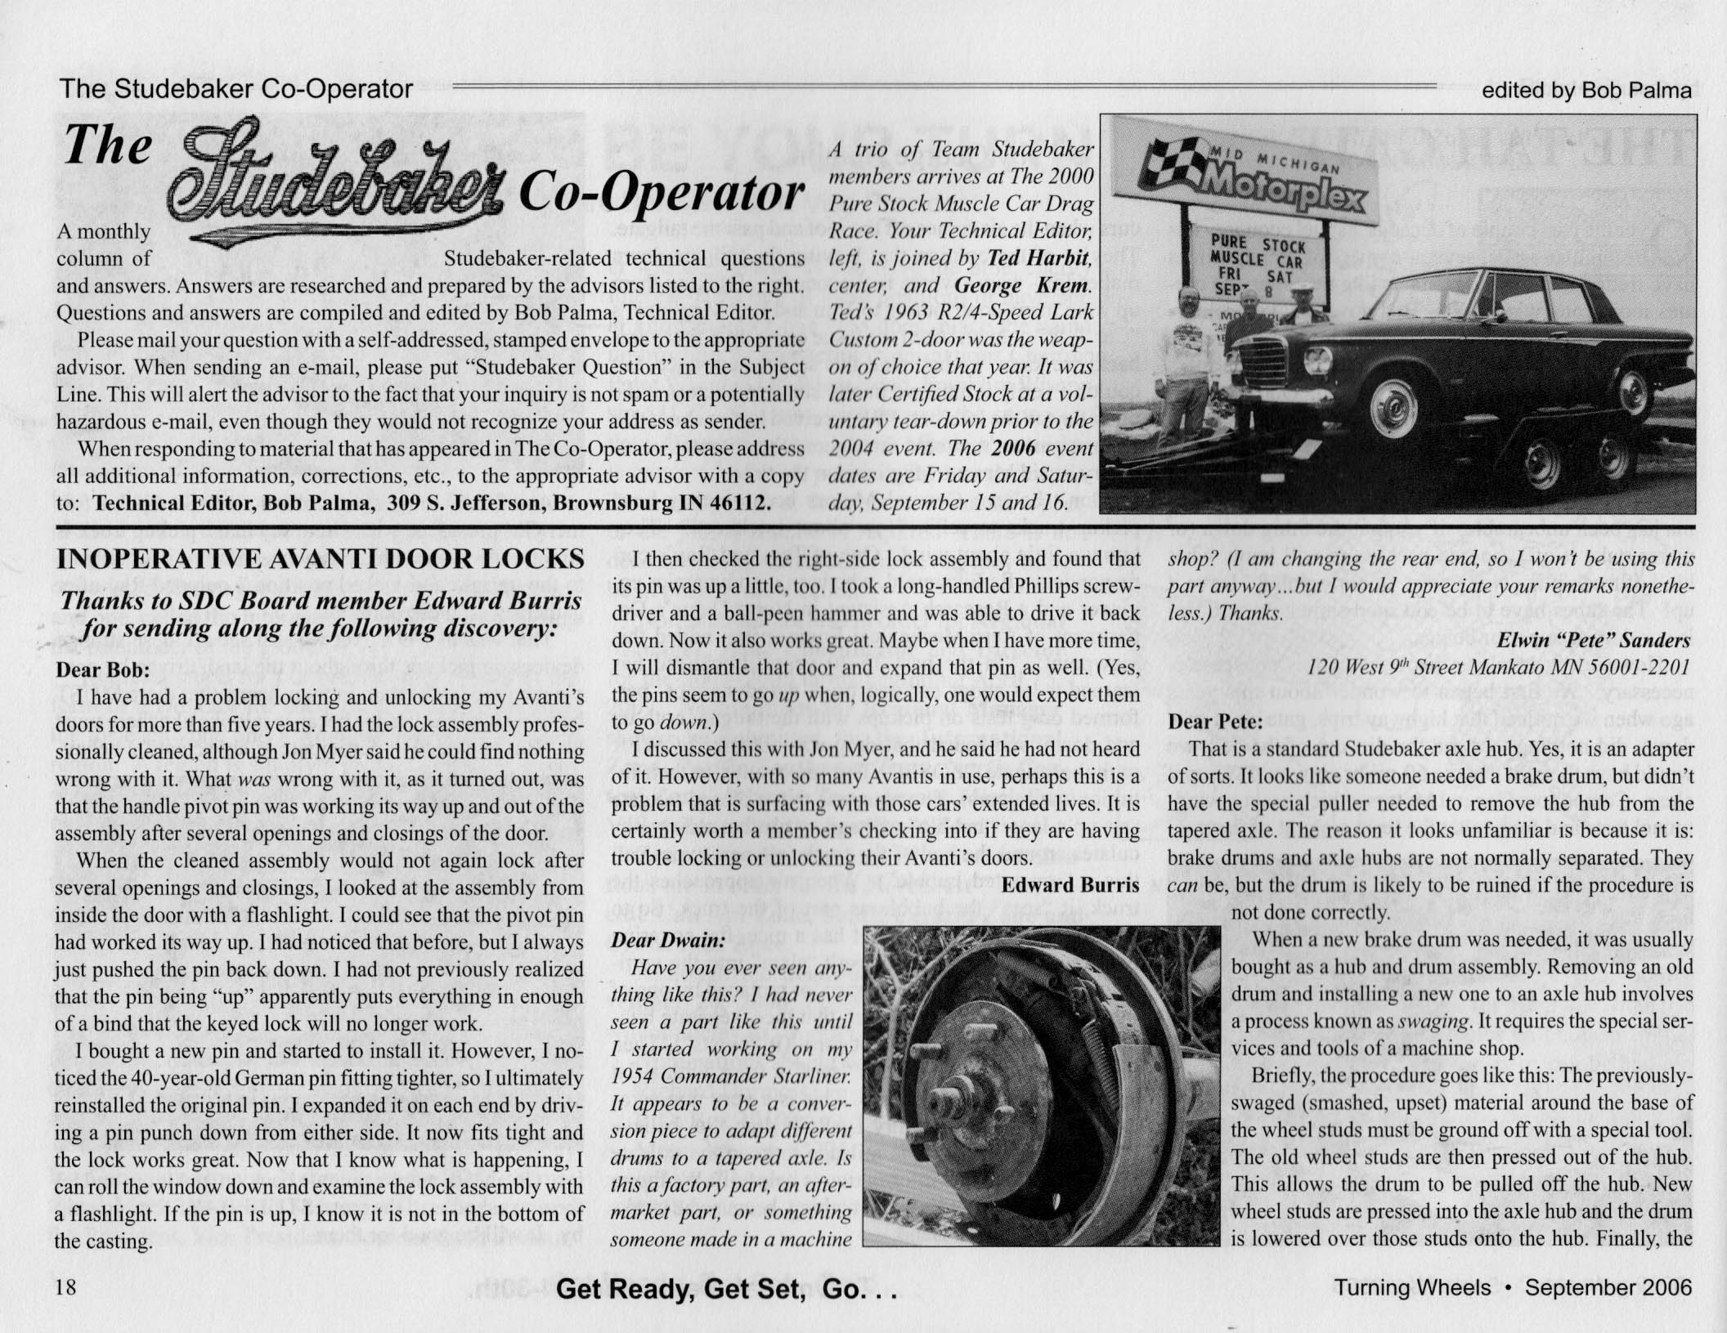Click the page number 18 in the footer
tap(65, 1287)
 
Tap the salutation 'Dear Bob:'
tap(102, 670)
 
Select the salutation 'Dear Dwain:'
tap(668, 941)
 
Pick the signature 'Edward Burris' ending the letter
tap(1070, 886)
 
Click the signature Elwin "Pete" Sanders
tap(1593, 641)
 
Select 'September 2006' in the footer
tap(1608, 1288)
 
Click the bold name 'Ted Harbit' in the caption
tap(1040, 258)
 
